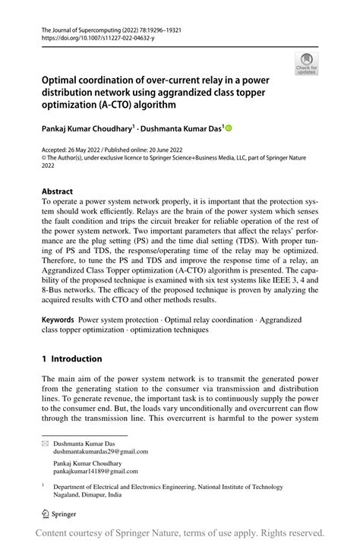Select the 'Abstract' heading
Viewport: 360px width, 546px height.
58,191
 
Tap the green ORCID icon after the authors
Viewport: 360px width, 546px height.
228,129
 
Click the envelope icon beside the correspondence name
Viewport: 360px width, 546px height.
45,442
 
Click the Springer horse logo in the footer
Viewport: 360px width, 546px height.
45,514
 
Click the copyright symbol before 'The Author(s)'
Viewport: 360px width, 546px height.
45,159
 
